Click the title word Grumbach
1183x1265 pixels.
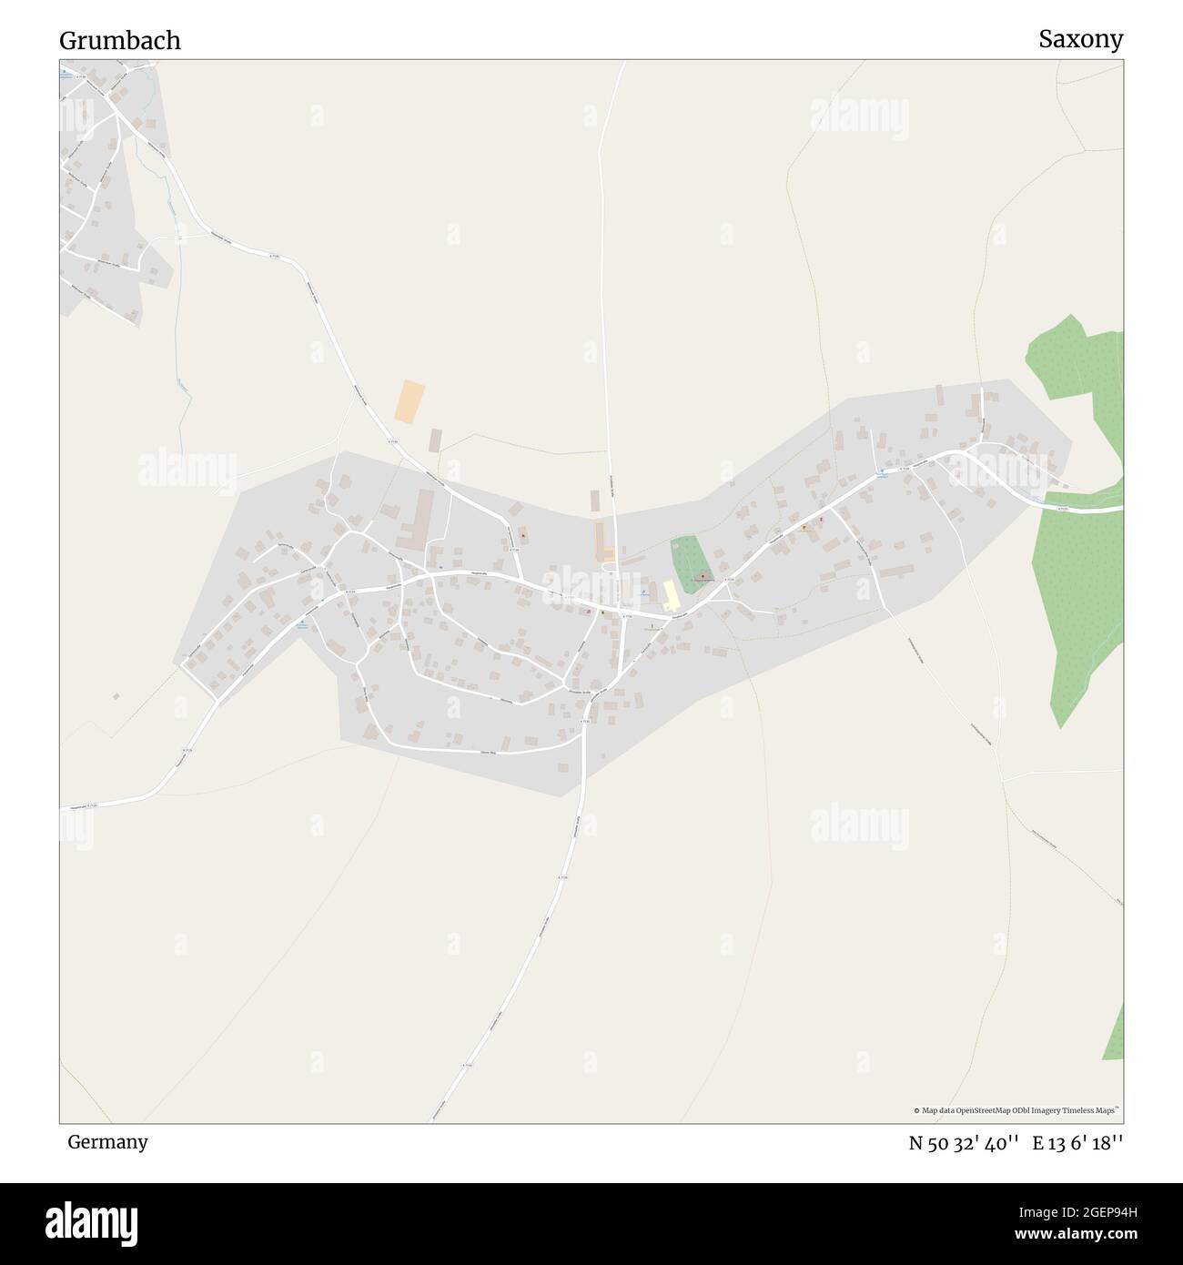tap(120, 41)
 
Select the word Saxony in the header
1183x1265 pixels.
tap(1081, 39)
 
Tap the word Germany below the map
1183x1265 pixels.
tap(107, 1141)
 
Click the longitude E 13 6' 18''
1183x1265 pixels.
tap(1077, 1143)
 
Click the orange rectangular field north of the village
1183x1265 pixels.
tap(409, 401)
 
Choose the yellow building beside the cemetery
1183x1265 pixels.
tap(671, 595)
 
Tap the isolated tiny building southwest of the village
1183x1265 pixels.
tap(116, 696)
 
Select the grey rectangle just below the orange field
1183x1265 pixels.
tap(436, 440)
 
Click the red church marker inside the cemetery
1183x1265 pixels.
tap(702, 576)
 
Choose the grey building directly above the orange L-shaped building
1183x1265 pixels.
tap(595, 501)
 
